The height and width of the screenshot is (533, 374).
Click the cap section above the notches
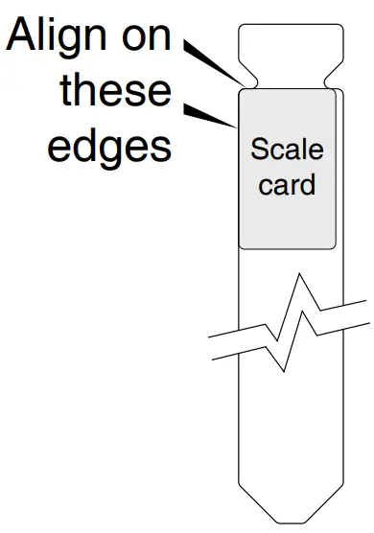[288, 43]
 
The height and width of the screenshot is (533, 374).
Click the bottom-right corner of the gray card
[335, 247]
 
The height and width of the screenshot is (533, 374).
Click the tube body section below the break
[288, 441]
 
